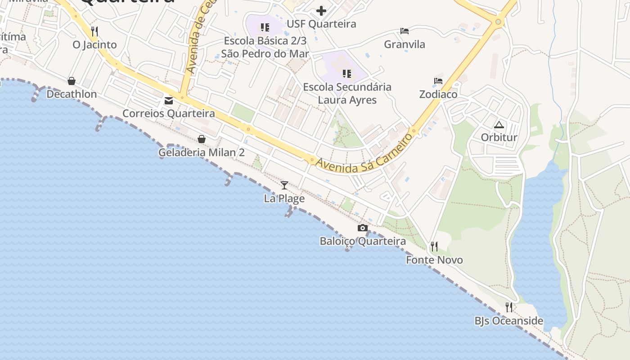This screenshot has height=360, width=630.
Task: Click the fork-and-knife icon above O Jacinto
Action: (94, 31)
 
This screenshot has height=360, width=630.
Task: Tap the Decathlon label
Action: (72, 94)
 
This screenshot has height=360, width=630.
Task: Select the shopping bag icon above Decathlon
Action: (72, 81)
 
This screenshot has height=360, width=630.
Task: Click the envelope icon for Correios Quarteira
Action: (169, 101)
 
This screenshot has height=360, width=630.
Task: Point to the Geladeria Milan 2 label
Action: (201, 153)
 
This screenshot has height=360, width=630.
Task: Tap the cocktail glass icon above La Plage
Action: (284, 185)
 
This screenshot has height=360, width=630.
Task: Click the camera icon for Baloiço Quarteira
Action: (362, 228)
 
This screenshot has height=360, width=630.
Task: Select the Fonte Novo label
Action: (434, 260)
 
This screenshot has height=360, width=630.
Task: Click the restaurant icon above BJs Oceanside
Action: (509, 307)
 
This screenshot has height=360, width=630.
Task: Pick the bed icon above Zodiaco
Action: (438, 81)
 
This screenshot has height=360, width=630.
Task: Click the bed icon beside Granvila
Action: (405, 31)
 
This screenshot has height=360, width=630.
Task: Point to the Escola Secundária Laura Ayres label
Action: (347, 93)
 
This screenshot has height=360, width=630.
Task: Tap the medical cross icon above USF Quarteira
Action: (321, 11)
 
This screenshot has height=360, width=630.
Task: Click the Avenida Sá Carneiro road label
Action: (364, 154)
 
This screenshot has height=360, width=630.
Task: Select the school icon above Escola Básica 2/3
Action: (265, 27)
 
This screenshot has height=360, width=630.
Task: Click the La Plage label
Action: (284, 198)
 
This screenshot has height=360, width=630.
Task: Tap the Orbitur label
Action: (499, 137)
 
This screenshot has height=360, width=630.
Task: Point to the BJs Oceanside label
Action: (509, 321)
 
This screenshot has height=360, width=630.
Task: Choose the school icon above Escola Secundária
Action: (346, 73)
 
